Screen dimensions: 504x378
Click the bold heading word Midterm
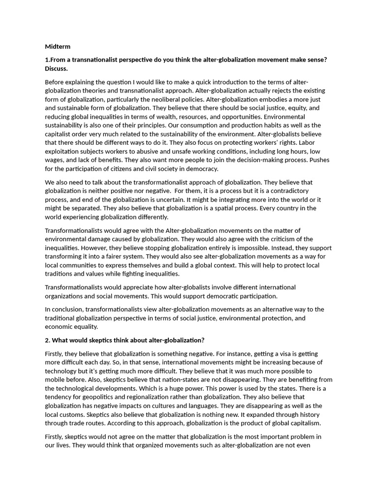click(x=58, y=46)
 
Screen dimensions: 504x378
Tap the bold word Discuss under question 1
click(x=56, y=68)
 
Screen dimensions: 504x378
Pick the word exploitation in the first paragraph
click(x=64, y=152)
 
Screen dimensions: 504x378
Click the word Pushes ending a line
click(x=318, y=160)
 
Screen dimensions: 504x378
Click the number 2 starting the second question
click(x=47, y=340)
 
